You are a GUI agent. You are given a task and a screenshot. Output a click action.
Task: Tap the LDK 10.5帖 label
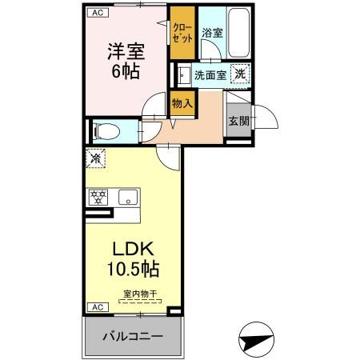click(133, 258)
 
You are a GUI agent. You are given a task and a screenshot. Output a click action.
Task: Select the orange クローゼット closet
click(182, 34)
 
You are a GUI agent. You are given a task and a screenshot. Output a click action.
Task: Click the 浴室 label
click(211, 34)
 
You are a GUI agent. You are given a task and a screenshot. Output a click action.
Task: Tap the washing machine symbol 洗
click(240, 74)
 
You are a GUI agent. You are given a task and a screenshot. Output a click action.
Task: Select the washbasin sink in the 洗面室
click(183, 75)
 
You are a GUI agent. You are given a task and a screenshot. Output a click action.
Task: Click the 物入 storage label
click(182, 102)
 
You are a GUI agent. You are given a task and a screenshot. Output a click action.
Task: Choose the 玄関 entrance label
click(238, 121)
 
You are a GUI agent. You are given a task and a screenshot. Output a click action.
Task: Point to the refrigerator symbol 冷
click(96, 159)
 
